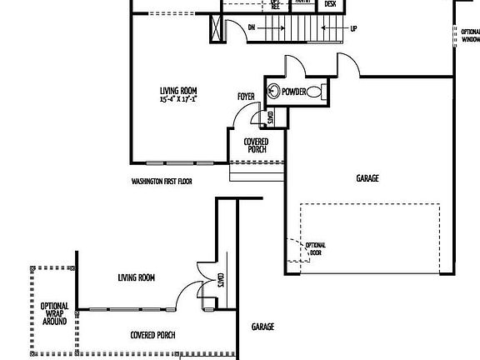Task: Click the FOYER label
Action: coord(246,97)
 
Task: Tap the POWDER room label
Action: coord(293,91)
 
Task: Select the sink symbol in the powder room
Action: coord(273,91)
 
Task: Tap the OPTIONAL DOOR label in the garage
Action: coord(315,247)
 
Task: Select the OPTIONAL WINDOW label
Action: coord(471,35)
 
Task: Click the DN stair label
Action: coord(251,27)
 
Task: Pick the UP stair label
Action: coord(353,28)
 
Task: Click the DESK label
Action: coord(330,4)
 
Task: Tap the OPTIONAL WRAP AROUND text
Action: coord(54,312)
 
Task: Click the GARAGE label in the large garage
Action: coord(367,177)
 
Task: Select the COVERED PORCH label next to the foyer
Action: coord(256,146)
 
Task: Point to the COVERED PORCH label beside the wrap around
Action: coord(158,335)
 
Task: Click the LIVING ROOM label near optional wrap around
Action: coord(136,277)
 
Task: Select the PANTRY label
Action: coord(303,2)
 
